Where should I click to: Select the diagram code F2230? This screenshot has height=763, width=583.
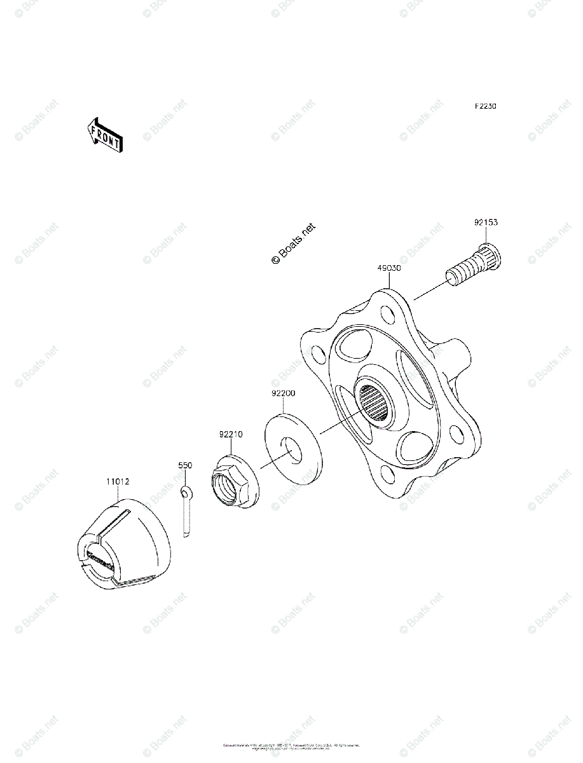(484, 106)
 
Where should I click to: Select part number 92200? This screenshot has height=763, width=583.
(283, 394)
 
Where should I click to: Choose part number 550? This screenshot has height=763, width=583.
(184, 466)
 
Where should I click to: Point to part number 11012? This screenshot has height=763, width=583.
(118, 482)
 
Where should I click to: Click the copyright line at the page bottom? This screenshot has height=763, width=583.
(291, 746)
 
